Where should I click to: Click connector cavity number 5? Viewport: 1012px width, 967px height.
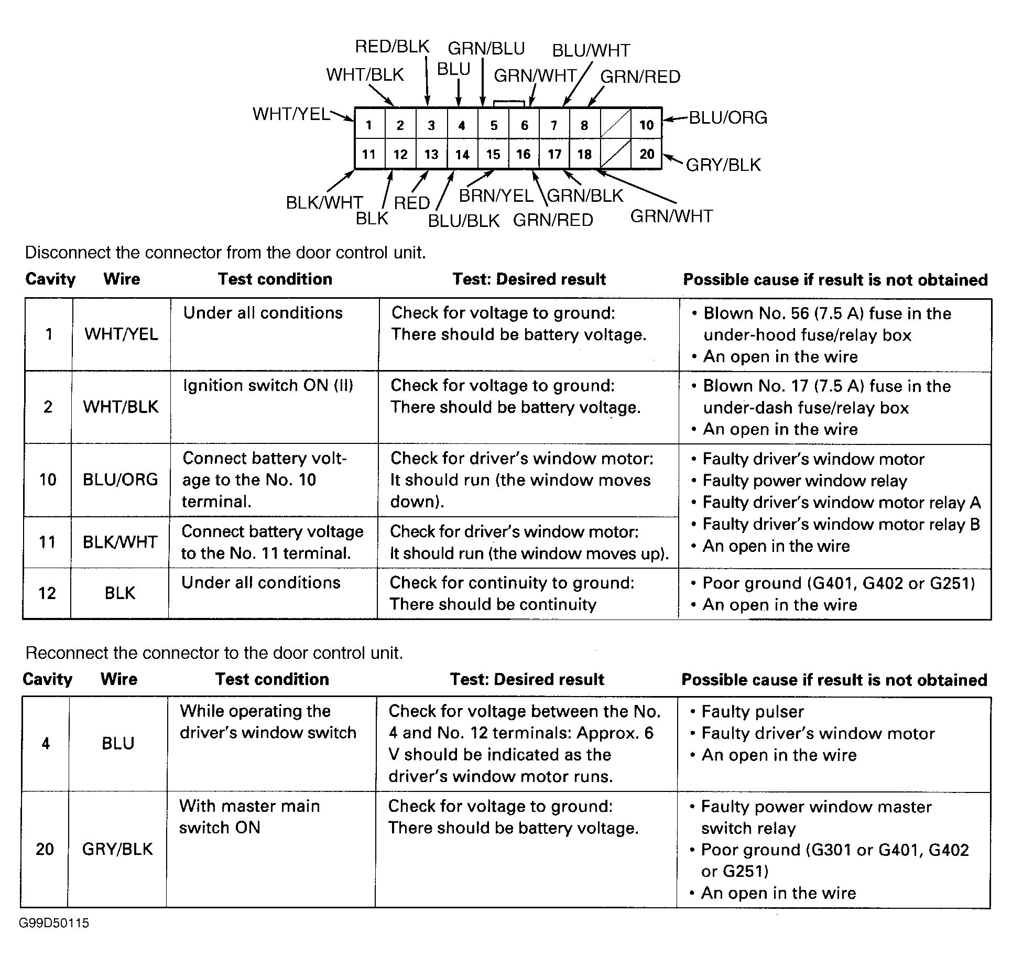[494, 125]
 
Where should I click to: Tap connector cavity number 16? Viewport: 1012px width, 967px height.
[524, 154]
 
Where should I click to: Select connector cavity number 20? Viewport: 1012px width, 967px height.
[647, 154]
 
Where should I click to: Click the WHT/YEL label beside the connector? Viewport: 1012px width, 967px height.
[291, 114]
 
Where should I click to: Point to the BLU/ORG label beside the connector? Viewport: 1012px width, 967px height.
[728, 117]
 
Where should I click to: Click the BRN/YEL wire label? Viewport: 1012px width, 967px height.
[496, 195]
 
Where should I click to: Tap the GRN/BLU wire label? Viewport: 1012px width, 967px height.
[486, 48]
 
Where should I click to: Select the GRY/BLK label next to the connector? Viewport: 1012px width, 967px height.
[723, 165]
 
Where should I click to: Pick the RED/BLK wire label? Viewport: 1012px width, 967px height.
[392, 47]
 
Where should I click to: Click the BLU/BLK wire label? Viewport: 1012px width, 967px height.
[464, 221]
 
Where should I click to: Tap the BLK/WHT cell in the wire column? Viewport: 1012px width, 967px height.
[120, 542]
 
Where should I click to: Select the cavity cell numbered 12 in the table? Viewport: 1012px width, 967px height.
[47, 593]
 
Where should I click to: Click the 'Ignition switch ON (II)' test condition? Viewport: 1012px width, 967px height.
[268, 386]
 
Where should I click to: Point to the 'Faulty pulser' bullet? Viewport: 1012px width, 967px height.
[753, 711]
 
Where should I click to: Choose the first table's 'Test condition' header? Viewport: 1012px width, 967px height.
[275, 279]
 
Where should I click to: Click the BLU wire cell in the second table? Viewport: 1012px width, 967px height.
[118, 743]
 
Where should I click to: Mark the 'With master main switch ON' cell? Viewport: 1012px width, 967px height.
[249, 816]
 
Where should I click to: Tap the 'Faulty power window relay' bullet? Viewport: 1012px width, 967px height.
[804, 481]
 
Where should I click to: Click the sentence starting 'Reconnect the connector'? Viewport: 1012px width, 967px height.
[214, 653]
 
